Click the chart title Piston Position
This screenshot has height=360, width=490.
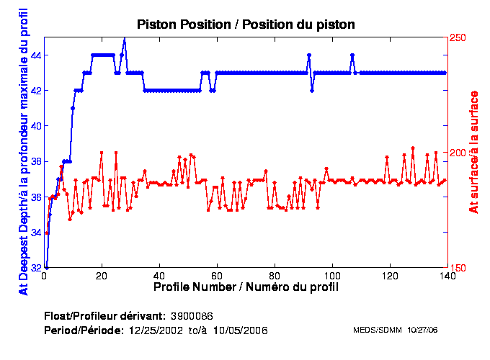pos(245,24)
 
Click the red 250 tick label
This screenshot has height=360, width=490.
pos(458,37)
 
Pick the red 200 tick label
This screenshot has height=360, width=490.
pos(458,153)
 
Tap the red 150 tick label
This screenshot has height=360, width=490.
pos(458,268)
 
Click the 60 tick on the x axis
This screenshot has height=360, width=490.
pos(217,276)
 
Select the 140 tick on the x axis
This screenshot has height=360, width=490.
pos(447,276)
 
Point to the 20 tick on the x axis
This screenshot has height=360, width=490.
pos(102,276)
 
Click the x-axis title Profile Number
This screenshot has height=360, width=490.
pos(246,287)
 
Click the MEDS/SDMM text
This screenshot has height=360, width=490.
pos(377,330)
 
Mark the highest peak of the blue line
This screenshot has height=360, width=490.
pos(124,39)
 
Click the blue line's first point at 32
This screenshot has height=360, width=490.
pos(46,267)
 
